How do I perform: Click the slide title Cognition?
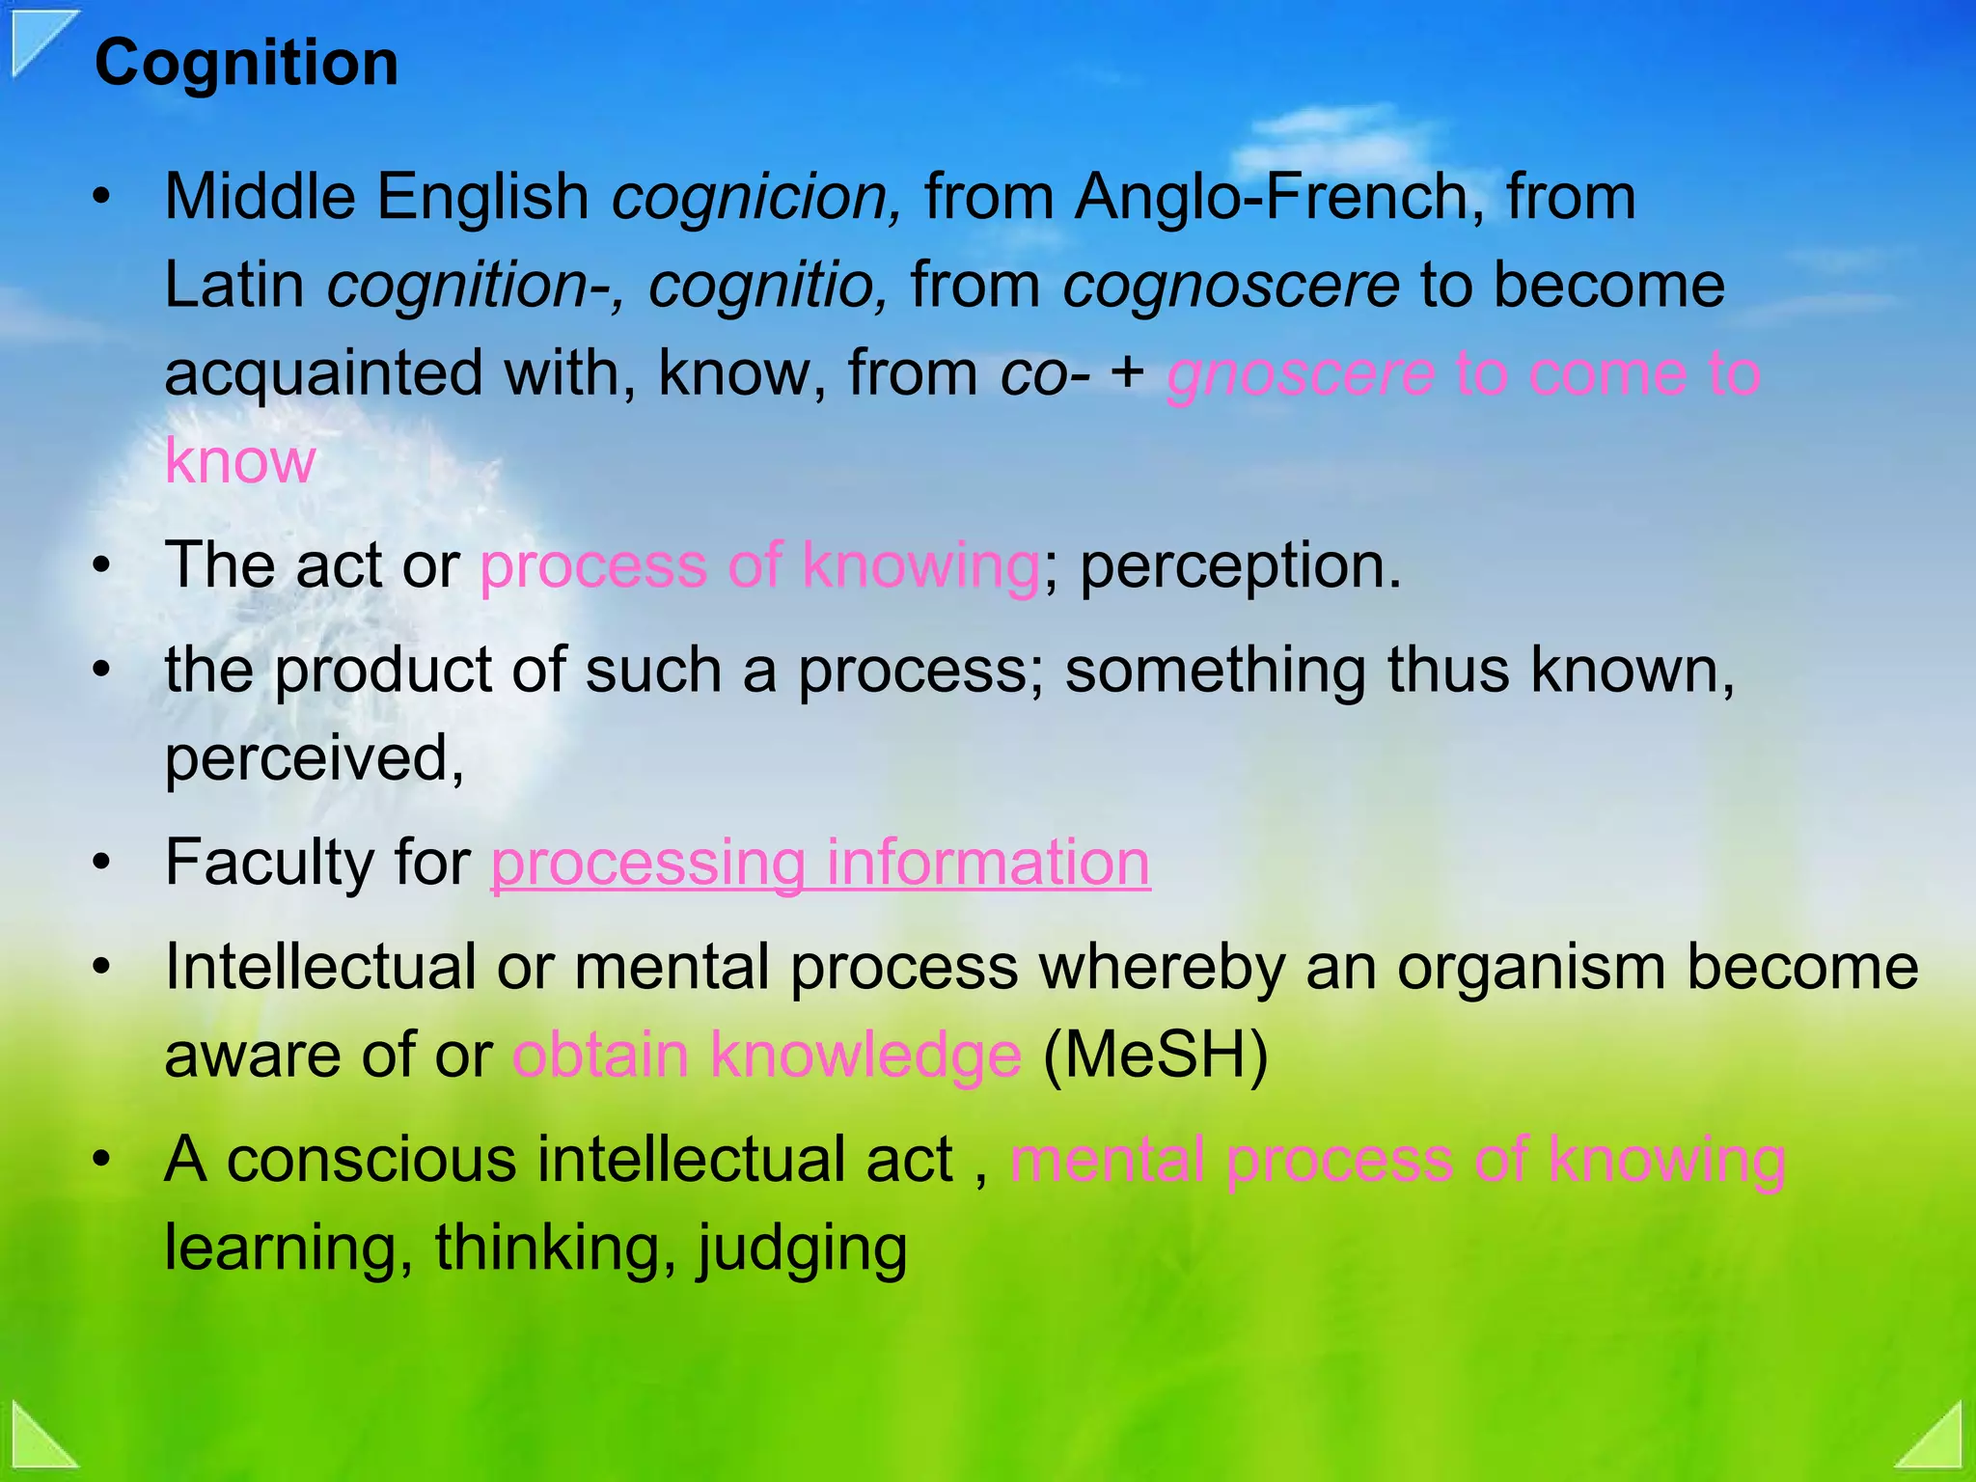246,64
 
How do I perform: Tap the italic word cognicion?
757,197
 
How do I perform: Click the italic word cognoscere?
1231,286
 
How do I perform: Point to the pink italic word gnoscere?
1300,374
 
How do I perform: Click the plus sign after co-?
1127,374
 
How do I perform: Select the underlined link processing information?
820,862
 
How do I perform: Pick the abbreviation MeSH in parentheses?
1155,1055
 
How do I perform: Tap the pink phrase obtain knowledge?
766,1055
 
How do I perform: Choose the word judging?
801,1249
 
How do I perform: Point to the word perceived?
315,757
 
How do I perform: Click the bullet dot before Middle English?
102,199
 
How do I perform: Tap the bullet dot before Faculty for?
102,864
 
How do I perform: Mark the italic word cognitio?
768,286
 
